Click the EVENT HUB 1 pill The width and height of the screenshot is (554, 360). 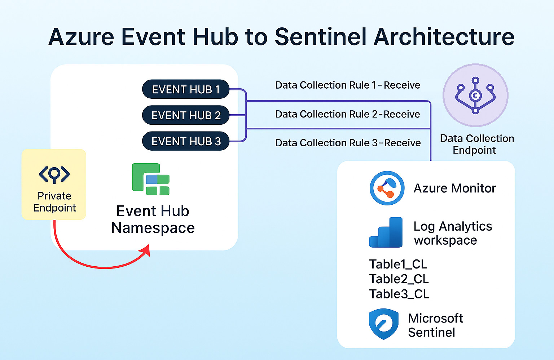[186, 89]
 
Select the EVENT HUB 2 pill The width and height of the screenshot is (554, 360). [186, 115]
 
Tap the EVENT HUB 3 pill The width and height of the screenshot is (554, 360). [186, 141]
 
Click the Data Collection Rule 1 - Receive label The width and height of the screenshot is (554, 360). [347, 85]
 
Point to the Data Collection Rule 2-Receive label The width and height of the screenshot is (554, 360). [347, 114]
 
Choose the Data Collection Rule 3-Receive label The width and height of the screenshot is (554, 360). [348, 143]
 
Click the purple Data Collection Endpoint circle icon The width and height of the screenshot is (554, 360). [475, 95]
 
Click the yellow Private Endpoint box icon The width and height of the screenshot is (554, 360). [54, 184]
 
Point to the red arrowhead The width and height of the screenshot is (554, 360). [145, 250]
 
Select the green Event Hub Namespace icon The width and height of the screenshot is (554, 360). [151, 179]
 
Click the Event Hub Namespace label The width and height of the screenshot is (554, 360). [153, 219]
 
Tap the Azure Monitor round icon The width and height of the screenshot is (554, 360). [387, 188]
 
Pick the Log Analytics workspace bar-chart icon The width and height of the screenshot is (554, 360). [386, 232]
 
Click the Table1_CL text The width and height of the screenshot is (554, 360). [398, 265]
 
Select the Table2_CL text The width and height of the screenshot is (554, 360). [399, 279]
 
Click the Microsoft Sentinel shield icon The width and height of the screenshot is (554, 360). [384, 324]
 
